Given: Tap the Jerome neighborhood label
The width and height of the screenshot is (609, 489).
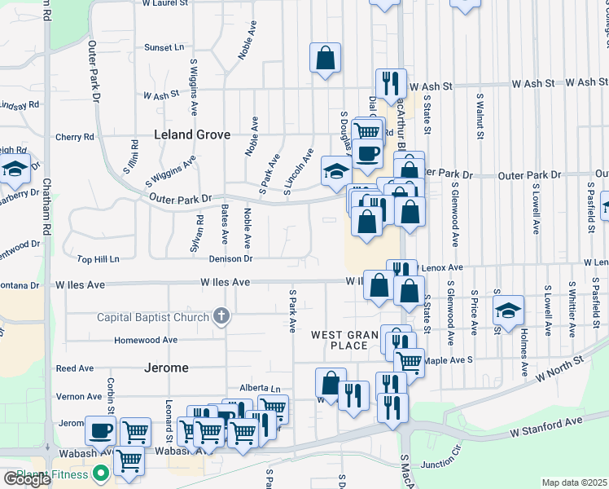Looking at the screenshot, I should (x=167, y=368).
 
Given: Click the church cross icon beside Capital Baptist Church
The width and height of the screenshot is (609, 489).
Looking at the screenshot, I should (x=221, y=316).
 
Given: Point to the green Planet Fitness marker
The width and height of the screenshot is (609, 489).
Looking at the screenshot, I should (x=101, y=473).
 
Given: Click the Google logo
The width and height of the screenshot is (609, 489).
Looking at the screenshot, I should (x=27, y=479).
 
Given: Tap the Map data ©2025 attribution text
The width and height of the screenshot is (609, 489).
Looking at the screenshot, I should (x=574, y=482).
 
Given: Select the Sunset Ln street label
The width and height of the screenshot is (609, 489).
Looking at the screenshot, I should (x=164, y=48).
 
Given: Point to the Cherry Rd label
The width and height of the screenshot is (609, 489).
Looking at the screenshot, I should (x=75, y=137).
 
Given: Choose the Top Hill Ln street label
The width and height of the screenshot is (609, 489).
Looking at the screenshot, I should (x=98, y=259).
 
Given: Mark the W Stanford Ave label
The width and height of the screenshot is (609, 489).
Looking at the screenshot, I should (x=546, y=421).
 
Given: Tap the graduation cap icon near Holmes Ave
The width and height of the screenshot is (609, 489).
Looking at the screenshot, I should (x=508, y=311).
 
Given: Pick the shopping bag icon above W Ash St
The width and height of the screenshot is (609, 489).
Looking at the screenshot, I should (x=325, y=57).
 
